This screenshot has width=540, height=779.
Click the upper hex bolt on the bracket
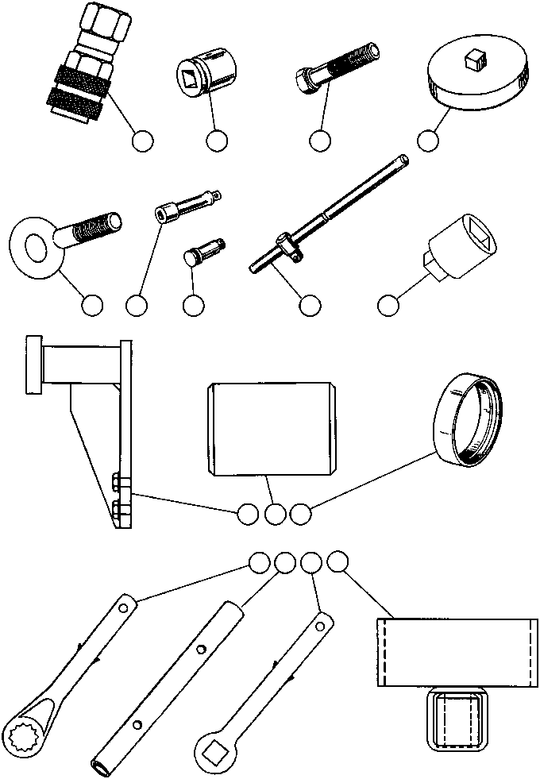(x=116, y=482)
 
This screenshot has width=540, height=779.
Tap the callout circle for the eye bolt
(x=92, y=305)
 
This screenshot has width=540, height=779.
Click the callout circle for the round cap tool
(x=428, y=141)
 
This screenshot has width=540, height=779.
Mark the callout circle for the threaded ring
(x=300, y=514)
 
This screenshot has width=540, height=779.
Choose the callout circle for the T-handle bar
(x=309, y=305)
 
